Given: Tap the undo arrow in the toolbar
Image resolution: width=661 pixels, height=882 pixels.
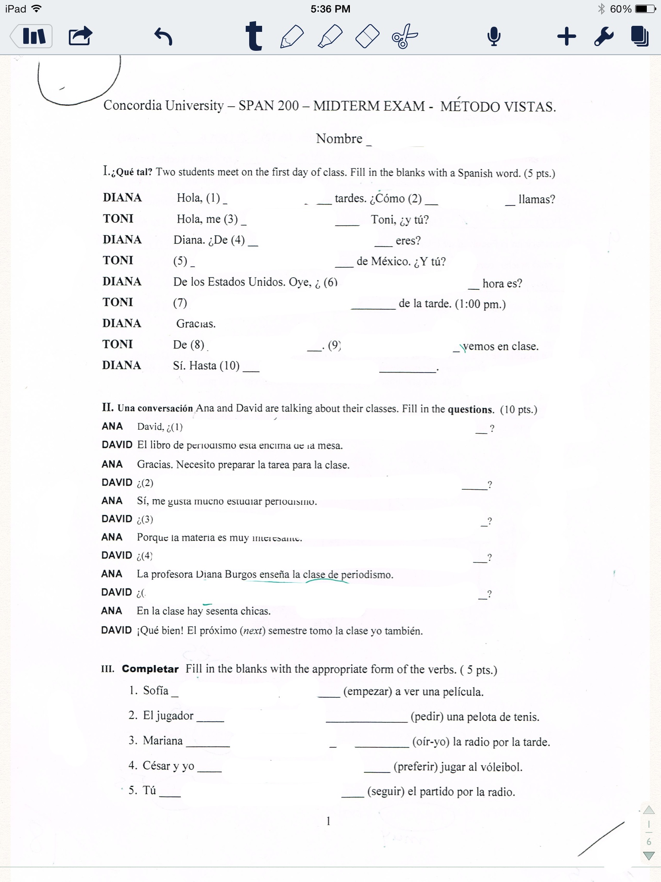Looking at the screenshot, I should tap(163, 37).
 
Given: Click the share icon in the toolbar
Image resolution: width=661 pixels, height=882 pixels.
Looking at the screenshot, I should tap(80, 36).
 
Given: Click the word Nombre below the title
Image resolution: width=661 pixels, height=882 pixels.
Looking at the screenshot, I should tap(339, 139).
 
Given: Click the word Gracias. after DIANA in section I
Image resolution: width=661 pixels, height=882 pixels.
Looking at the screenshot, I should tap(196, 324).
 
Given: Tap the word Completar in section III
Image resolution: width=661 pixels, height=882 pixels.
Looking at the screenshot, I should tap(150, 669).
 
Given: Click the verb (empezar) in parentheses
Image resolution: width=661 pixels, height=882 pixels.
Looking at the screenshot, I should tap(368, 692).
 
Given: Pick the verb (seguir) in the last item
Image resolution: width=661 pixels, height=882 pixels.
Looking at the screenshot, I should tap(386, 792).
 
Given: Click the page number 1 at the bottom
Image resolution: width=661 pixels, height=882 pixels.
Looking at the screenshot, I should tap(328, 821).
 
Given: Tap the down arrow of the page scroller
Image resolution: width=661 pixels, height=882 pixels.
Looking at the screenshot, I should tap(649, 855).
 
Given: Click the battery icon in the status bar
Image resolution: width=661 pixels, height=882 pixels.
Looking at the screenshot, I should tap(645, 9).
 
